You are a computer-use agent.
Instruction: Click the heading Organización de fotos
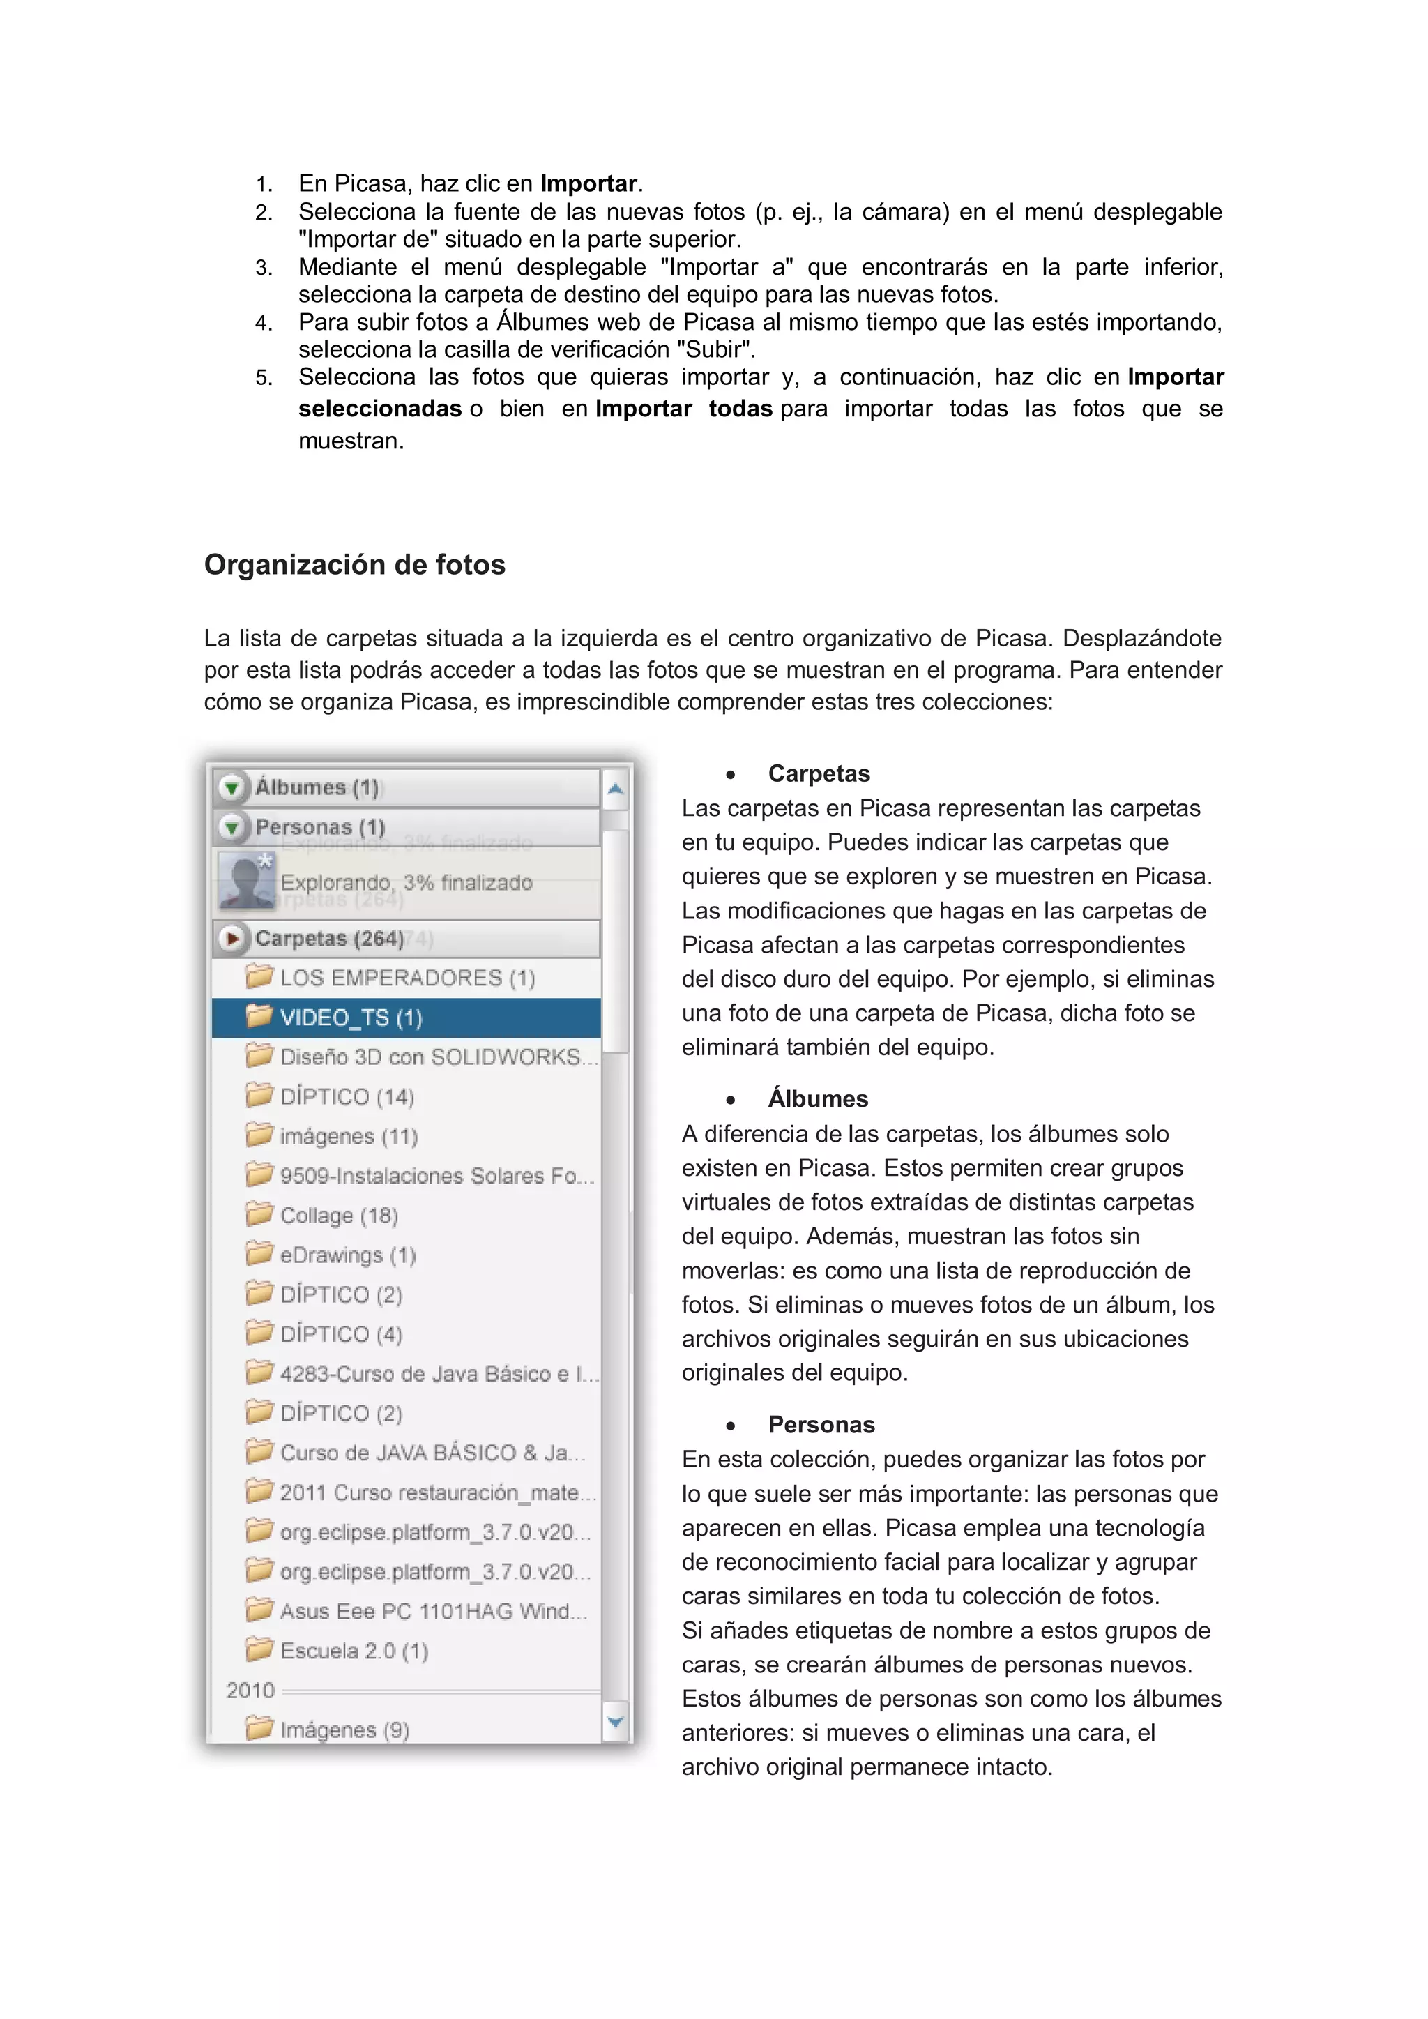(x=354, y=564)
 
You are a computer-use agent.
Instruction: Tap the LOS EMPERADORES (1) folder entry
(x=407, y=978)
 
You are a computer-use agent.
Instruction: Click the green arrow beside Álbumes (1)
(x=231, y=787)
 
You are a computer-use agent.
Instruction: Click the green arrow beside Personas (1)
(x=231, y=826)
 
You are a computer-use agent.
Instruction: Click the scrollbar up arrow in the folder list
(x=616, y=789)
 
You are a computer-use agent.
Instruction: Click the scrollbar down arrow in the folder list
(x=616, y=1721)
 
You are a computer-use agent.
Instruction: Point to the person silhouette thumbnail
(x=245, y=879)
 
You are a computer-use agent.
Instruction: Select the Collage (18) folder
(x=339, y=1216)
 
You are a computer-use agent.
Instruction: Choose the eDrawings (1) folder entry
(x=347, y=1255)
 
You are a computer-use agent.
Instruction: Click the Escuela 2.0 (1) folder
(x=354, y=1651)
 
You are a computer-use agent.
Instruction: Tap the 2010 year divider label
(x=250, y=1690)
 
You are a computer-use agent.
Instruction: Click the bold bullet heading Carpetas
(x=819, y=774)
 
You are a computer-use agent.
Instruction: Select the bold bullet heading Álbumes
(x=818, y=1099)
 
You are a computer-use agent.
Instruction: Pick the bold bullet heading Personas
(x=821, y=1425)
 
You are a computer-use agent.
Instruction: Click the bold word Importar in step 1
(x=588, y=184)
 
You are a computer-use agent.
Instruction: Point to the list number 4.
(x=263, y=323)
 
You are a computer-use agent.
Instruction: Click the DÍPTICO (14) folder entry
(x=347, y=1096)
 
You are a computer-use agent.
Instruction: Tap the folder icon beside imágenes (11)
(x=259, y=1135)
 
